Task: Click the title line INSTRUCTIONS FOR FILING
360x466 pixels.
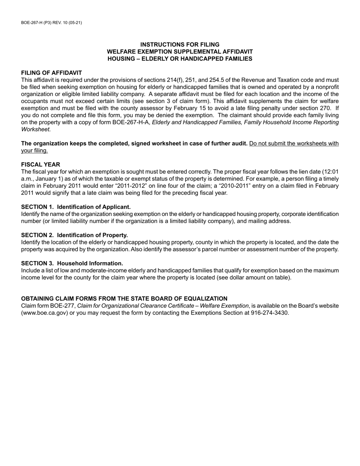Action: tap(180, 44)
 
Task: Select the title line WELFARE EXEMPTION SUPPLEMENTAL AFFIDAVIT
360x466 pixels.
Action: tap(180, 52)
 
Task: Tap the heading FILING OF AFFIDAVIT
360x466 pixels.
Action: tap(52, 73)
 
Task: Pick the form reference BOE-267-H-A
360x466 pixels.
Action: tap(131, 122)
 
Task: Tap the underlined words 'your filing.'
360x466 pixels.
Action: tap(34, 150)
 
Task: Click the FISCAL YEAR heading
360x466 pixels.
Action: tap(41, 164)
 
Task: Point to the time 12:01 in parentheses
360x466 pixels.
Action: tap(331, 172)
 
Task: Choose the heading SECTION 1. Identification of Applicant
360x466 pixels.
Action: tap(76, 207)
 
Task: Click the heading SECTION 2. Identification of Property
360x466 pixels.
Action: tap(74, 235)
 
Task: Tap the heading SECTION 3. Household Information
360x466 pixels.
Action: tap(72, 263)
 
